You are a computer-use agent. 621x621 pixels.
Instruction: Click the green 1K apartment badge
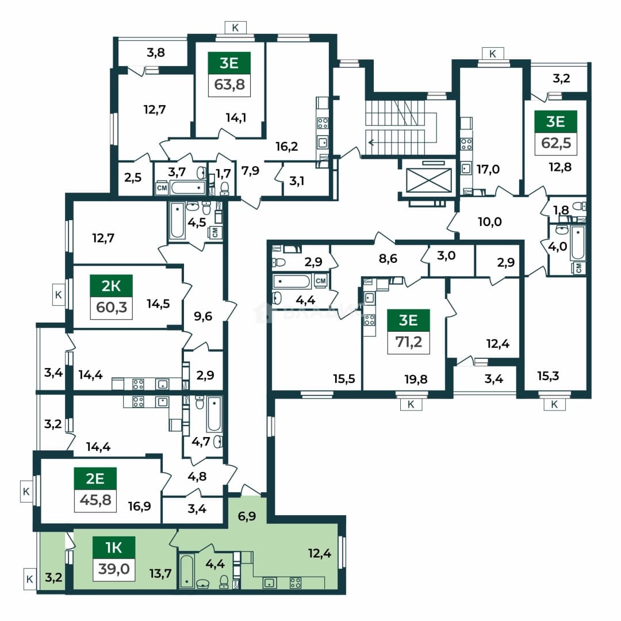(x=114, y=548)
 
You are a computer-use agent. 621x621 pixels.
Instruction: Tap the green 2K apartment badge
(x=112, y=286)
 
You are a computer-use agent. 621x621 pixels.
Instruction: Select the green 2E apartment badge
(x=95, y=478)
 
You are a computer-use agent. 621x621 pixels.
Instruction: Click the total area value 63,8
(x=229, y=85)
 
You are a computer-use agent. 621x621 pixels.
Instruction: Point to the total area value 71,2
(x=409, y=342)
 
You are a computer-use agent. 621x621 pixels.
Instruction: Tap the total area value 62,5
(x=556, y=143)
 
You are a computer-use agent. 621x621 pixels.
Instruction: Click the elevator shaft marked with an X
(x=429, y=180)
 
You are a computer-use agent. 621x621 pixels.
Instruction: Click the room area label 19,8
(x=416, y=379)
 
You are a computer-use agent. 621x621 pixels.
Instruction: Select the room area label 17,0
(x=488, y=170)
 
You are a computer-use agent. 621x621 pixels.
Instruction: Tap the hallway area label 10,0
(x=490, y=222)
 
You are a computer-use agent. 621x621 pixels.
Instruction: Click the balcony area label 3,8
(x=156, y=52)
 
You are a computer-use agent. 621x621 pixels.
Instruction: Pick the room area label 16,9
(x=139, y=506)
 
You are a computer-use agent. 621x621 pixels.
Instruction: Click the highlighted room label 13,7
(x=160, y=573)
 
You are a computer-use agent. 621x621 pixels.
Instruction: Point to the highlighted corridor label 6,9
(x=247, y=516)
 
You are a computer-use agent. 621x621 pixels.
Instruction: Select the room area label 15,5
(x=344, y=379)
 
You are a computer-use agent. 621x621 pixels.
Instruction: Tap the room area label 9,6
(x=203, y=316)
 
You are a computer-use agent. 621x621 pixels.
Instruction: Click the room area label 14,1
(x=236, y=118)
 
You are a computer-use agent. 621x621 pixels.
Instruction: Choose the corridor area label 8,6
(x=388, y=259)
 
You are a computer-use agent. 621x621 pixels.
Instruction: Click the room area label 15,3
(x=548, y=375)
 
